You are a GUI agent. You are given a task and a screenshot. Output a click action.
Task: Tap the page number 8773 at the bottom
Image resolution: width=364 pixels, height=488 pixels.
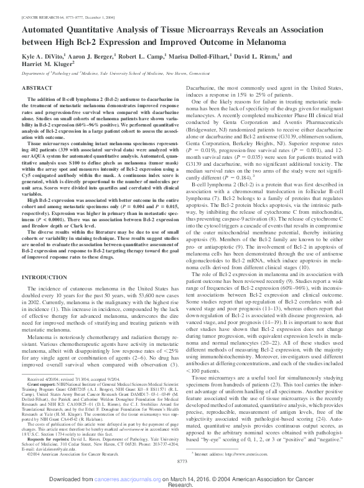tap(182, 460)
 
